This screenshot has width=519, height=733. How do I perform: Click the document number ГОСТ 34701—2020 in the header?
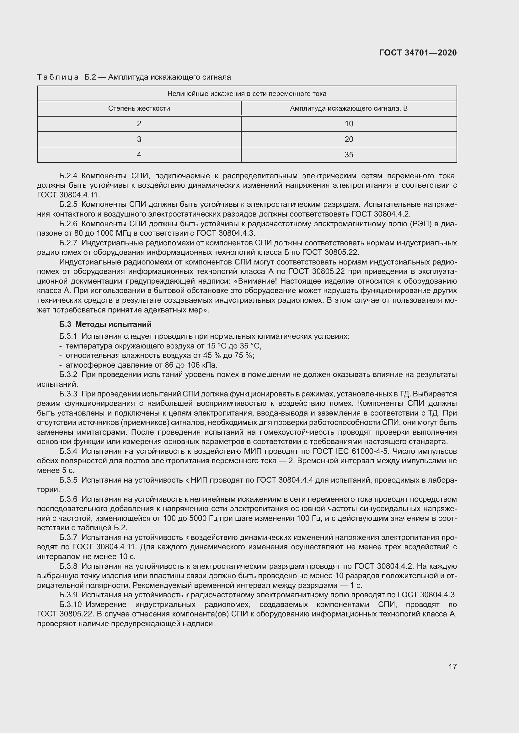click(418, 53)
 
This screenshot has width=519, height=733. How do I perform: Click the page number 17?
click(452, 667)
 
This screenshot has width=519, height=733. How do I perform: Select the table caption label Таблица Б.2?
click(67, 77)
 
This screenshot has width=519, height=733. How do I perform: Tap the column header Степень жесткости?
click(139, 108)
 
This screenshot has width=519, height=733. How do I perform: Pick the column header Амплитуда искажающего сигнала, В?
click(349, 108)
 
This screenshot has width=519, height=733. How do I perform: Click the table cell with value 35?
click(349, 155)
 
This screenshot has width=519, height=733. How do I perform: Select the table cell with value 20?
click(349, 139)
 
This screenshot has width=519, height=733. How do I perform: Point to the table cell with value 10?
click(349, 124)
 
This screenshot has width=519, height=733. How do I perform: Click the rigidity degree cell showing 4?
click(139, 155)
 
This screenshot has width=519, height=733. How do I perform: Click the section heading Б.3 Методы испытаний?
click(105, 324)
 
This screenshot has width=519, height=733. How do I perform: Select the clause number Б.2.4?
click(68, 176)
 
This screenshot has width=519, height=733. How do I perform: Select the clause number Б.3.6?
click(68, 499)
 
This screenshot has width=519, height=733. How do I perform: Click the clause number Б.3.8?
click(68, 566)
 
